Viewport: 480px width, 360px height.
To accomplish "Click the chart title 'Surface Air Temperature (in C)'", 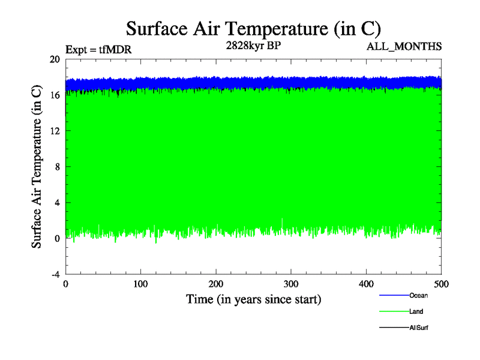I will [253, 28].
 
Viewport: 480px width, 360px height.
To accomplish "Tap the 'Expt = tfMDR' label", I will [98, 50].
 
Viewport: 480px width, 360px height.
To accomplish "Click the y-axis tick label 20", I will [55, 59].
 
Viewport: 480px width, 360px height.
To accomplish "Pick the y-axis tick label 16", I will [55, 95].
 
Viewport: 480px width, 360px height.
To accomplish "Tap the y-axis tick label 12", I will [55, 131].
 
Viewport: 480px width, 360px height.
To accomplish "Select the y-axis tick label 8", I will [57, 167].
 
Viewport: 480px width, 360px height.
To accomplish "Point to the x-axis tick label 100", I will [140, 284].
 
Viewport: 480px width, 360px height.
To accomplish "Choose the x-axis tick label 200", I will [216, 284].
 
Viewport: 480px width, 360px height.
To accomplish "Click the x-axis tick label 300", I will [291, 284].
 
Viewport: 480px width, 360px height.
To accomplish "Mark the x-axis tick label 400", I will [366, 284].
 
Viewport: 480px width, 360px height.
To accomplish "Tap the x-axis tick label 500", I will [441, 284].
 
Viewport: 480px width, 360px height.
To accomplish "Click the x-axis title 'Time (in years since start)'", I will [253, 298].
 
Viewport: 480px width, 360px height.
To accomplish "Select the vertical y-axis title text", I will [37, 167].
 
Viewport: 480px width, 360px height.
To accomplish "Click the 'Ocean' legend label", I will [418, 295].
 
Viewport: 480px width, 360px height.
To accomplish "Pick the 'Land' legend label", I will [416, 311].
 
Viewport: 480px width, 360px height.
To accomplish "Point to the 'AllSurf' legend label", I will [418, 328].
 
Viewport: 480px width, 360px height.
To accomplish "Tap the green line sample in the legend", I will [393, 311].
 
